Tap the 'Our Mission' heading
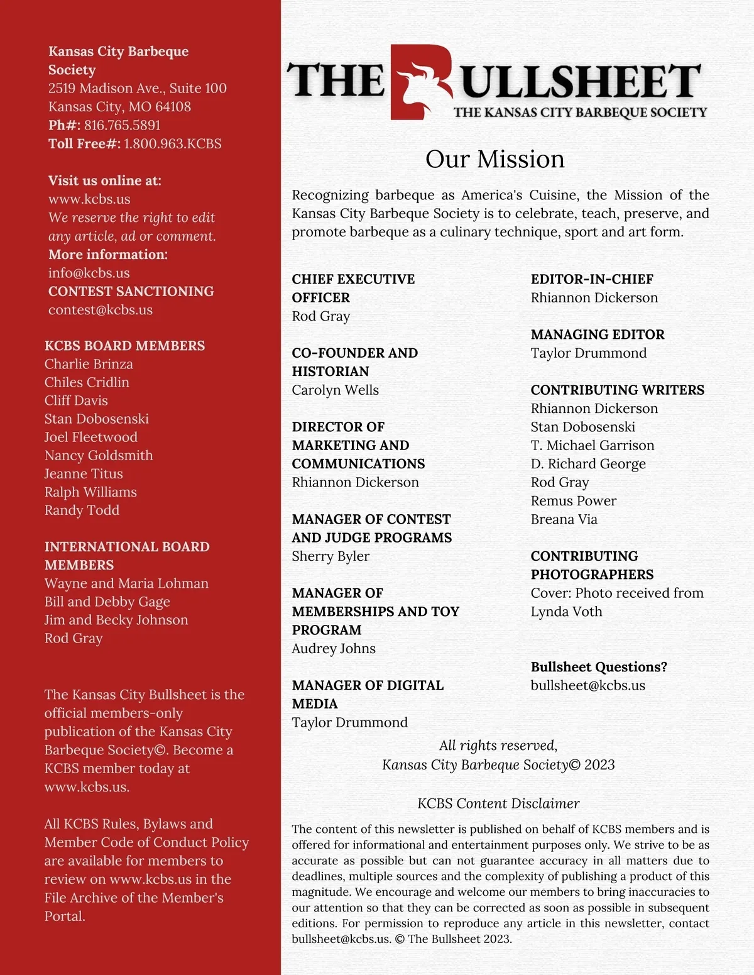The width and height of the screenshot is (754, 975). pyautogui.click(x=494, y=159)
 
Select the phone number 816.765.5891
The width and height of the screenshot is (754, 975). pyautogui.click(x=122, y=125)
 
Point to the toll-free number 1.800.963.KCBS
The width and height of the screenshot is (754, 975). pyautogui.click(x=172, y=144)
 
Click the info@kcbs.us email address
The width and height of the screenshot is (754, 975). pyautogui.click(x=89, y=273)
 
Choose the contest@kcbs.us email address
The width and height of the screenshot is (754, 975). pyautogui.click(x=101, y=310)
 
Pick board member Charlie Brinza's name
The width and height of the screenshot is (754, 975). pyautogui.click(x=89, y=364)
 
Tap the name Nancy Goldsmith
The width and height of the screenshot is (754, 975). pyautogui.click(x=99, y=455)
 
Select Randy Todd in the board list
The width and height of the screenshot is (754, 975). pyautogui.click(x=82, y=510)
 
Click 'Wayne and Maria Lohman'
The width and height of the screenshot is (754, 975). pyautogui.click(x=126, y=583)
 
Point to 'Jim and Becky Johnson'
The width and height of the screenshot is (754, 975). pyautogui.click(x=116, y=620)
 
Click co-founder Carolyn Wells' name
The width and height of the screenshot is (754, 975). pyautogui.click(x=335, y=390)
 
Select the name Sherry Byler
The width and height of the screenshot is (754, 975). pyautogui.click(x=331, y=556)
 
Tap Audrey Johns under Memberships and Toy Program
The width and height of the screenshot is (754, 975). pyautogui.click(x=334, y=649)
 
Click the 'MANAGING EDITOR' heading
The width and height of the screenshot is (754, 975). pyautogui.click(x=597, y=334)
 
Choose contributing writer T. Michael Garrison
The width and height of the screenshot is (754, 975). pyautogui.click(x=592, y=445)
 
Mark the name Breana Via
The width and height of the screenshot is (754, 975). pyautogui.click(x=564, y=519)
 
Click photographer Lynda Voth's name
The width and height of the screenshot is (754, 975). pyautogui.click(x=566, y=612)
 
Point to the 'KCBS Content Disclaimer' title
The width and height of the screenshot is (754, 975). pyautogui.click(x=498, y=803)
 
